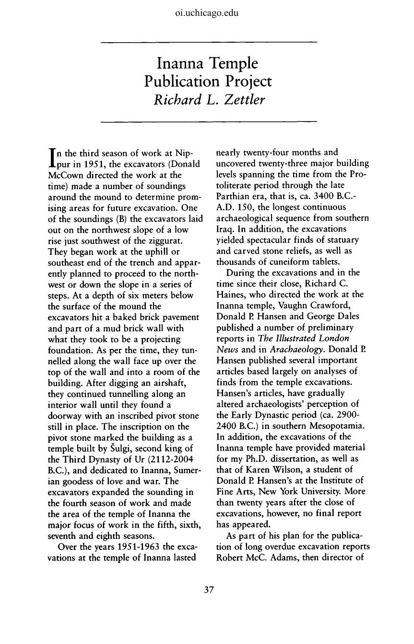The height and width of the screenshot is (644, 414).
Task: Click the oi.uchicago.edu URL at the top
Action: pos(207,13)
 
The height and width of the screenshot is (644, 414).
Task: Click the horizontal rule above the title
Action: pos(207,43)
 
